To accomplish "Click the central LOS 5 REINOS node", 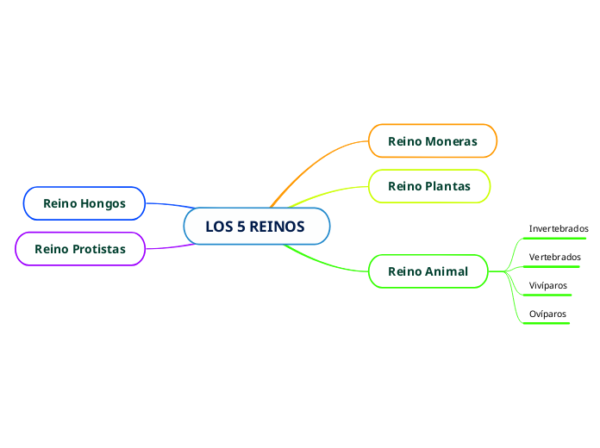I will (x=256, y=227).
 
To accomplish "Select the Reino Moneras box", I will (x=433, y=140).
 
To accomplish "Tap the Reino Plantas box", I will (x=429, y=185).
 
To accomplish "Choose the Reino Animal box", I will (x=428, y=271).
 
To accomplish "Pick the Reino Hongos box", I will (x=84, y=203).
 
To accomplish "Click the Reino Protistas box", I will (x=79, y=249).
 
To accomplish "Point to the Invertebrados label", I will (x=558, y=229).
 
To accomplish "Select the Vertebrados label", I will (x=554, y=257).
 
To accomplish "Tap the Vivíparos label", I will (x=547, y=285).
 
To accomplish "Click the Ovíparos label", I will (x=547, y=314).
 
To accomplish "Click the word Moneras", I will (x=451, y=140).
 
